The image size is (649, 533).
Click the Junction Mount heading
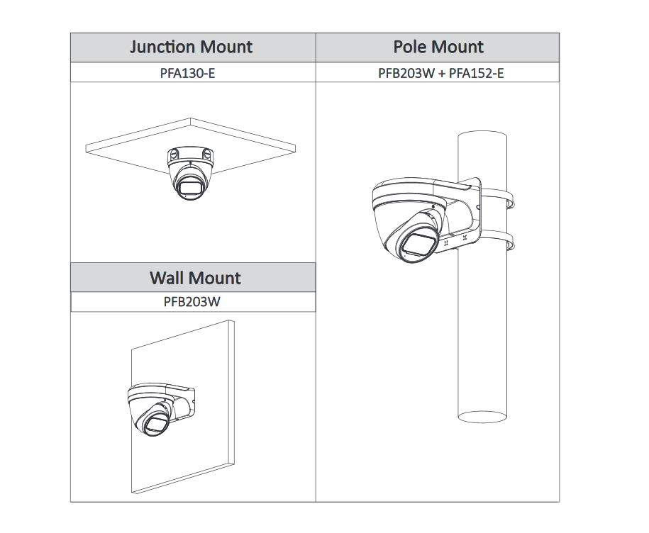click(192, 47)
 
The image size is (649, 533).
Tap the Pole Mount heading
click(438, 47)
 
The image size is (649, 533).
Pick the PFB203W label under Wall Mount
click(193, 302)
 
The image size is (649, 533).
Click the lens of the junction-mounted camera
click(189, 188)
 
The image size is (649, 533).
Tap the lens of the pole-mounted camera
click(418, 245)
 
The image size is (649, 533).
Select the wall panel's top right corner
click(233, 322)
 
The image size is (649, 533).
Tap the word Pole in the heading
click(411, 47)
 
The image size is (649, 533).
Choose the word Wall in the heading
click(166, 277)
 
